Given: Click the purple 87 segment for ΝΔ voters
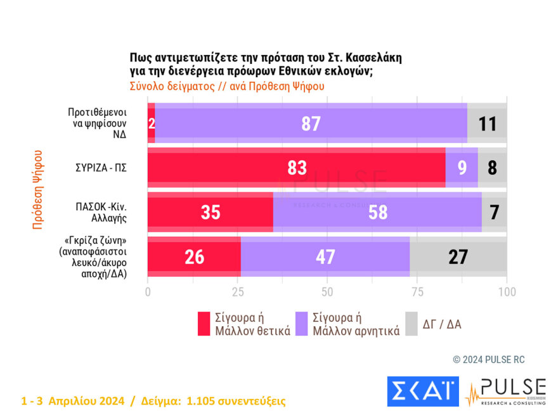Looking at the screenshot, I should (x=311, y=123).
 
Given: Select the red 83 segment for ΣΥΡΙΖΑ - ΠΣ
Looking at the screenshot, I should (x=296, y=168).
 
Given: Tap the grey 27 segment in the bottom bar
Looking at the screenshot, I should (x=458, y=256).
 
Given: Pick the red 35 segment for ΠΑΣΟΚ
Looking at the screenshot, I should (x=210, y=212).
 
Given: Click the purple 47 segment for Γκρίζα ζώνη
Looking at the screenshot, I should (x=325, y=256).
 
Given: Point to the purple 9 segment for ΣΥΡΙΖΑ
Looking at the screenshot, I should (x=462, y=168).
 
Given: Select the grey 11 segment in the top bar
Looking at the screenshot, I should (x=487, y=123).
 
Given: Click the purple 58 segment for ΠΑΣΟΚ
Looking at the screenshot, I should (x=377, y=212).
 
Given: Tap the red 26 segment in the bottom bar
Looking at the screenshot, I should (x=194, y=256).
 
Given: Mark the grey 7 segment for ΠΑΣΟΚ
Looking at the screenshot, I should (x=494, y=212).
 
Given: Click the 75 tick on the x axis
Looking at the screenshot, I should (x=417, y=292).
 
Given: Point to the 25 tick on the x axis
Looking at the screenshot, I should (x=237, y=292).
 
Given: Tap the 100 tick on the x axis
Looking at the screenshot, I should (x=506, y=292).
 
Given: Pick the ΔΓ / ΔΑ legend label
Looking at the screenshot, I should (x=442, y=324).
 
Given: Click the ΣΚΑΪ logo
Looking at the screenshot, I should (x=423, y=391).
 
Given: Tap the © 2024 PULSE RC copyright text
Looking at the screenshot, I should (x=488, y=360).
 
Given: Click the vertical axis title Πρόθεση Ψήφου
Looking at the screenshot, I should (x=37, y=189).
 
